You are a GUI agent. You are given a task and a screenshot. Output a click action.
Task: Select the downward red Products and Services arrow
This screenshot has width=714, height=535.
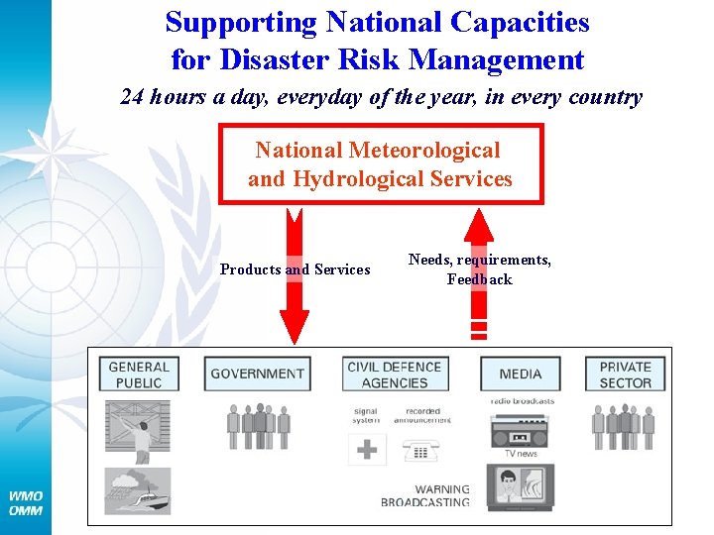(295, 297)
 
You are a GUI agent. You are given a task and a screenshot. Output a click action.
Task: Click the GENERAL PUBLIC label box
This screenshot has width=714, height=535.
(139, 374)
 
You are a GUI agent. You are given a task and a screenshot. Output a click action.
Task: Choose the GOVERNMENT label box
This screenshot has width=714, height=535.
(258, 374)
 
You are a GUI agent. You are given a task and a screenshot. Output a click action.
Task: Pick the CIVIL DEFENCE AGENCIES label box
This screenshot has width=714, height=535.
(395, 374)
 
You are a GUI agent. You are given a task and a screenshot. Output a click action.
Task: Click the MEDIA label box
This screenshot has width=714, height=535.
(521, 374)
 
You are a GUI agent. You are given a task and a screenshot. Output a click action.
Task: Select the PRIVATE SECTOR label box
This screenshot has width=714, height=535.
(626, 374)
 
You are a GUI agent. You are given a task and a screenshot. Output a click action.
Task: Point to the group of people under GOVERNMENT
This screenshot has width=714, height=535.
(258, 426)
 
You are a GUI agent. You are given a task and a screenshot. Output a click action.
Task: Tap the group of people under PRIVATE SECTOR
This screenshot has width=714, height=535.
(623, 426)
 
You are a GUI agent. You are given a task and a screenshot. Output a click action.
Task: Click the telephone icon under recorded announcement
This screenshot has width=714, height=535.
(420, 449)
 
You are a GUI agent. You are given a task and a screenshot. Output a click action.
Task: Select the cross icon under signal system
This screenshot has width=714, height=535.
(367, 449)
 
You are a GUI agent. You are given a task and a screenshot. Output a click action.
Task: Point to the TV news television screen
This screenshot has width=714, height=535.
(521, 486)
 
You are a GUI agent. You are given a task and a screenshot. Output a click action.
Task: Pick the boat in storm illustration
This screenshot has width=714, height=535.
(138, 491)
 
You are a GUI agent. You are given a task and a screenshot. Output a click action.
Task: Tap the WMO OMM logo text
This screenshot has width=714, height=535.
(26, 502)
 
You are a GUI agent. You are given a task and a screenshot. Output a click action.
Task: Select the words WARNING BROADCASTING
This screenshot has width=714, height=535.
(426, 496)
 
